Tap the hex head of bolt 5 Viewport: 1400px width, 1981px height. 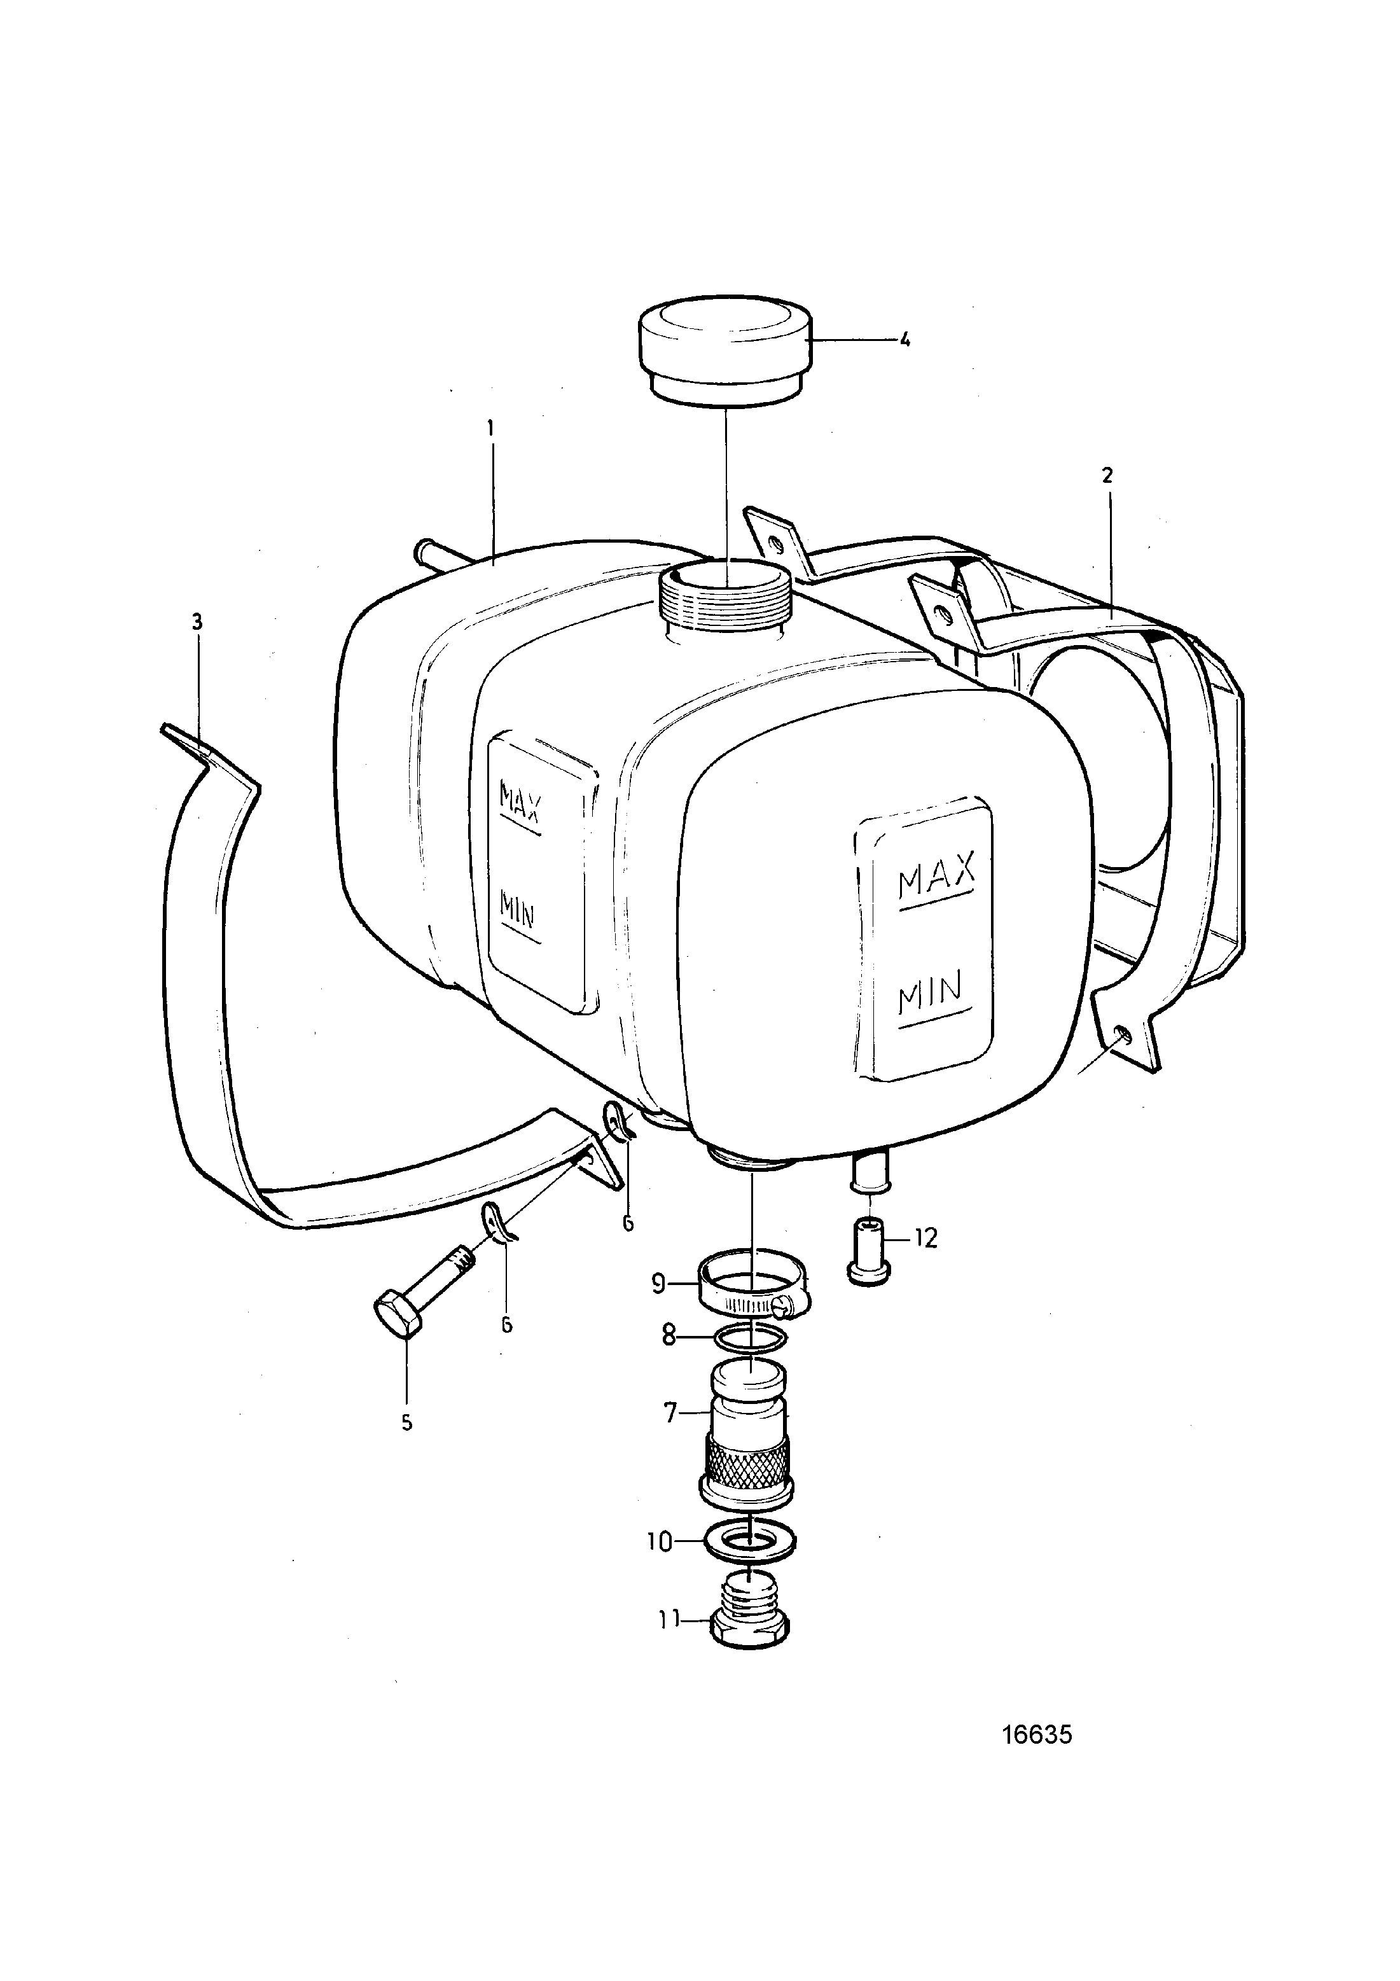click(399, 1337)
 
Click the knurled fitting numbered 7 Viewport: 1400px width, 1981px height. click(747, 1433)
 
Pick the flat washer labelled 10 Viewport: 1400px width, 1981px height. click(751, 1541)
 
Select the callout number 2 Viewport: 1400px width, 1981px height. click(1107, 475)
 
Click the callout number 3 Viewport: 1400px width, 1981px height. click(197, 622)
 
